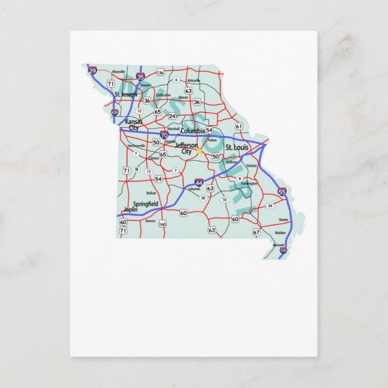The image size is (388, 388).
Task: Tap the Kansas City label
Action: click(x=129, y=125)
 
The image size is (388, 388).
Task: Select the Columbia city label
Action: click(x=192, y=131)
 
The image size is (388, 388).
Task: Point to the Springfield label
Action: click(x=145, y=204)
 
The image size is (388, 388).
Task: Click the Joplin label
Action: click(x=130, y=210)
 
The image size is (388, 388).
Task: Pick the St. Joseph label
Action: click(x=125, y=94)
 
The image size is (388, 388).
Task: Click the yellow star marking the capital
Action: click(x=199, y=151)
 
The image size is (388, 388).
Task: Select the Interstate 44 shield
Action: click(x=199, y=181)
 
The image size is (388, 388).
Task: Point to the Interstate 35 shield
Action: click(x=140, y=77)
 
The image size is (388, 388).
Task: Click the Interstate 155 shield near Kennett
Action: click(x=283, y=249)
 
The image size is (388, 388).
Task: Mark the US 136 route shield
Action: click(x=160, y=72)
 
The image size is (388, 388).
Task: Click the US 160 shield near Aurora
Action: click(x=163, y=224)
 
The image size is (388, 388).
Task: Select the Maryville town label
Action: click(x=118, y=72)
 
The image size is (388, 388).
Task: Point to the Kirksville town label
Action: click(x=193, y=80)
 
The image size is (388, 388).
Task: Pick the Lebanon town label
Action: click(x=194, y=189)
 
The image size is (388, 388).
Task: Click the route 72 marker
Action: click(x=224, y=199)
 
